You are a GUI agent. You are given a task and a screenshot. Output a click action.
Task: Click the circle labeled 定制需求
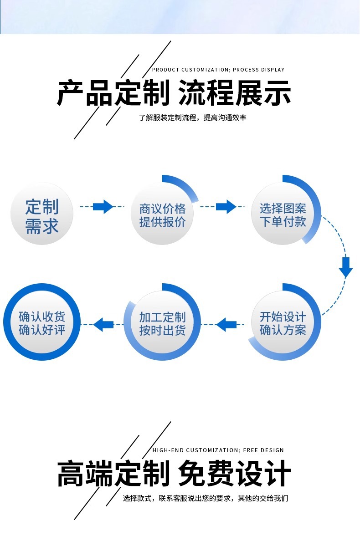tap(42, 214)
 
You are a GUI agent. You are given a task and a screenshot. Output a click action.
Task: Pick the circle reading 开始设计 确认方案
tap(283, 323)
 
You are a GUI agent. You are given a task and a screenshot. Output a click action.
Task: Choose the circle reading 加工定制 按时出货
tap(163, 323)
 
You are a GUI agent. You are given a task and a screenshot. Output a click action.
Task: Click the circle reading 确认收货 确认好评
tap(42, 323)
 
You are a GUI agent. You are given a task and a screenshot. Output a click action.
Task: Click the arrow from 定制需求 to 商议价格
tap(103, 207)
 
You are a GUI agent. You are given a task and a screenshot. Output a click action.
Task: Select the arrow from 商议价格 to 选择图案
tap(226, 207)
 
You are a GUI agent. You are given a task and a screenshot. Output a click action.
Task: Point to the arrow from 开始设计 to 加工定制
tap(226, 325)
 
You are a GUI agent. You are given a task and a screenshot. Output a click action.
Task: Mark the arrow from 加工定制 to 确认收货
tap(103, 325)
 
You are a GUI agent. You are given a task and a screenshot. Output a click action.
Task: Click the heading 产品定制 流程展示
tap(174, 93)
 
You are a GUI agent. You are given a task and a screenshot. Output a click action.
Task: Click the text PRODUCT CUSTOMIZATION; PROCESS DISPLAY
tap(218, 70)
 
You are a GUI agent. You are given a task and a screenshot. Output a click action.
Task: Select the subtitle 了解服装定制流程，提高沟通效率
tap(193, 117)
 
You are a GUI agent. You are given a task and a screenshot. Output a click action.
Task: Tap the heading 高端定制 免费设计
tap(174, 474)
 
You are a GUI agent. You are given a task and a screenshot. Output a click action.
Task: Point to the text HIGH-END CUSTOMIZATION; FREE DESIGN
tap(218, 450)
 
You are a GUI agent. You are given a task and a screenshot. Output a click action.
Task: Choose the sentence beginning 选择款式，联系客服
tap(206, 498)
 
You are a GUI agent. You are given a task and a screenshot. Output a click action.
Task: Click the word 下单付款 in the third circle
tap(283, 222)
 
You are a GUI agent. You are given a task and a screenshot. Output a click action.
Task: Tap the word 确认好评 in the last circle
tap(42, 330)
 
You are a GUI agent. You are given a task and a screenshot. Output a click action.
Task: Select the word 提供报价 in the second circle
tap(163, 222)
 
